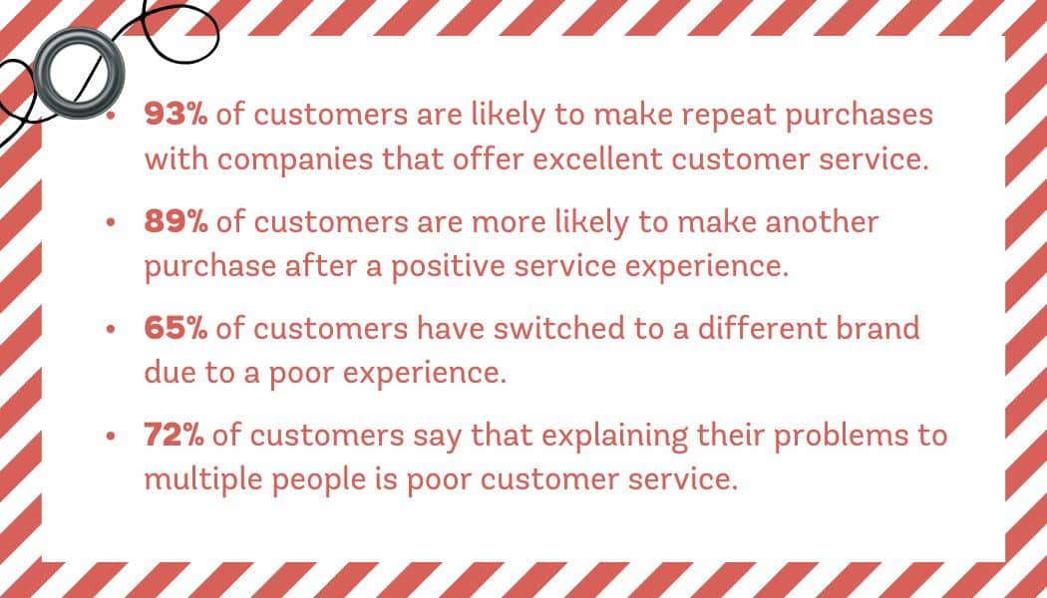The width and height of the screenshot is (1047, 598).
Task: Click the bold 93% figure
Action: pos(176,115)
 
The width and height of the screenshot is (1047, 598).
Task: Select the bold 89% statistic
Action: pos(176,223)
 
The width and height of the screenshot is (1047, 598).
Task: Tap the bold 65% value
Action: pos(176,329)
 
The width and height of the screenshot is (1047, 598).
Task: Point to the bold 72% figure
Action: pos(174,436)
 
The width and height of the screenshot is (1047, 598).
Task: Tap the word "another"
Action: pos(821,223)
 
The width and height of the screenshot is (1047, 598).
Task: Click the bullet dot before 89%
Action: pos(112,223)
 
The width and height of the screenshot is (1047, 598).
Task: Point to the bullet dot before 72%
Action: pos(112,437)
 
